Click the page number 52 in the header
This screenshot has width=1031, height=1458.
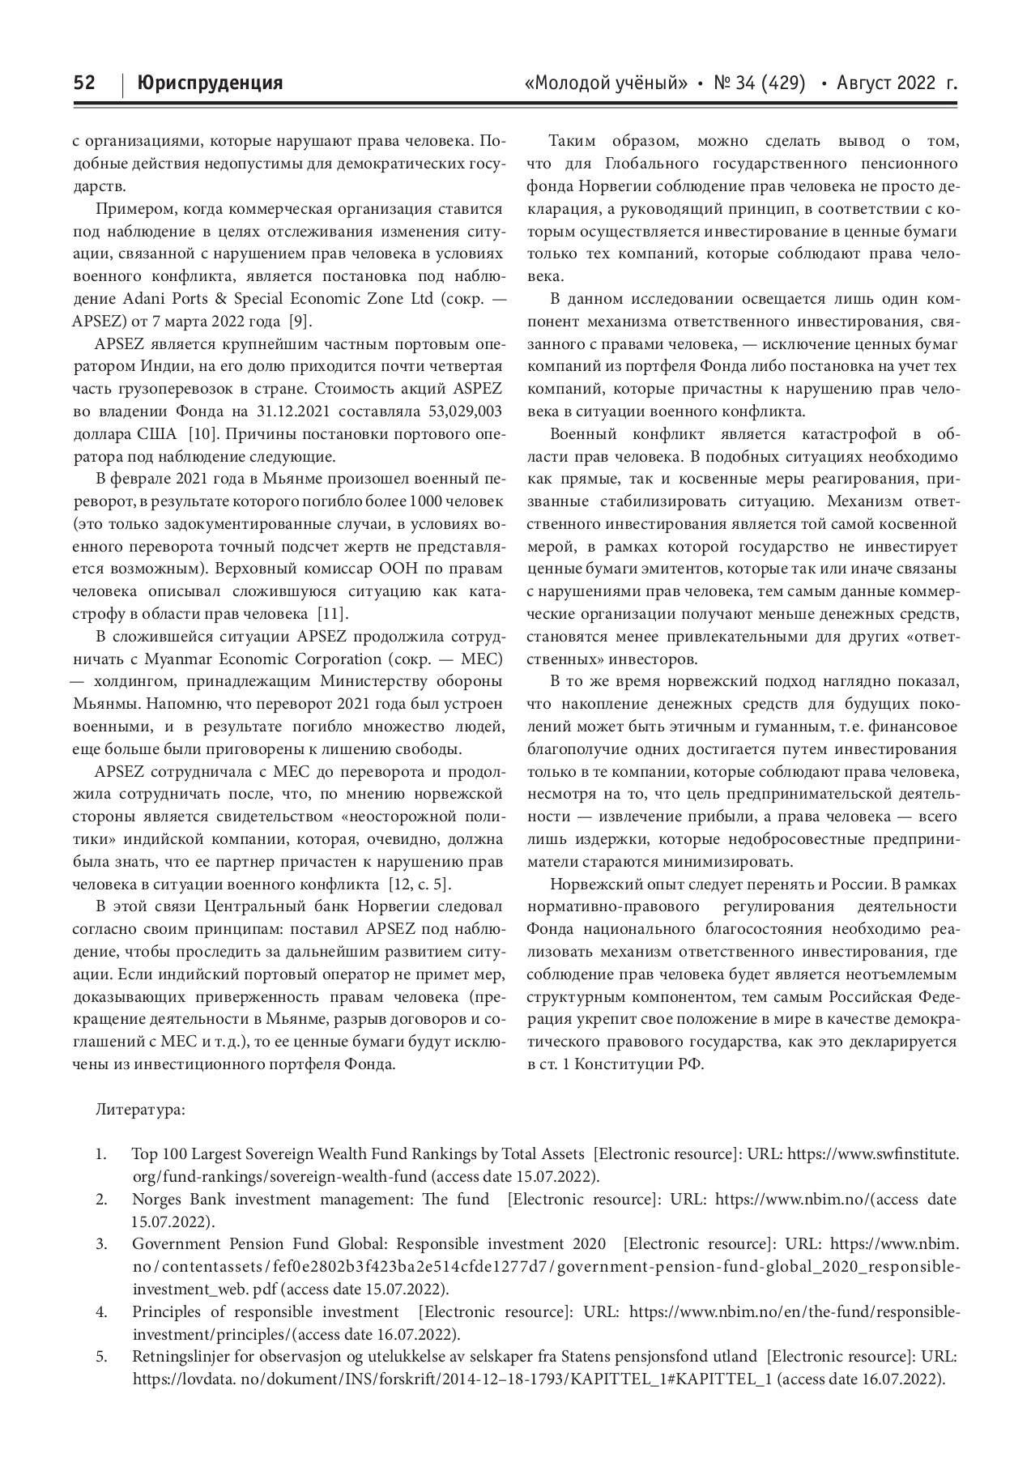point(84,83)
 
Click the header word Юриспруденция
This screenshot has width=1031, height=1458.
point(210,83)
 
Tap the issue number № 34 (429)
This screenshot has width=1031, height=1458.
point(759,83)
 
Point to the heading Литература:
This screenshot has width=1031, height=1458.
point(140,1109)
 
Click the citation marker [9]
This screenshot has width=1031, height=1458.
point(300,321)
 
